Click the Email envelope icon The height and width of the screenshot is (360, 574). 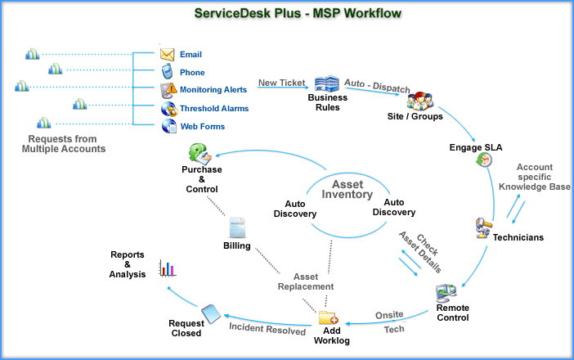[168, 55]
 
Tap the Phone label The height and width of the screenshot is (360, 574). [192, 73]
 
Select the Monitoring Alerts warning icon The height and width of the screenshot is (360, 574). [168, 90]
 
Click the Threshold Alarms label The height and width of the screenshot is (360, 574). [214, 108]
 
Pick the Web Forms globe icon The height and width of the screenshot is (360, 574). [168, 126]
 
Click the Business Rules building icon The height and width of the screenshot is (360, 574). [326, 83]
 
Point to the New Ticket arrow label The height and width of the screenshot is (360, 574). [280, 82]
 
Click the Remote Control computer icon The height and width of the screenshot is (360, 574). [446, 292]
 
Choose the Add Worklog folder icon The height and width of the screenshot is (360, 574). [327, 317]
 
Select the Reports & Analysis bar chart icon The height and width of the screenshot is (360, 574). [168, 268]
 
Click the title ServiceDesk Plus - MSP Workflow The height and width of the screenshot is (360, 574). [287, 14]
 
